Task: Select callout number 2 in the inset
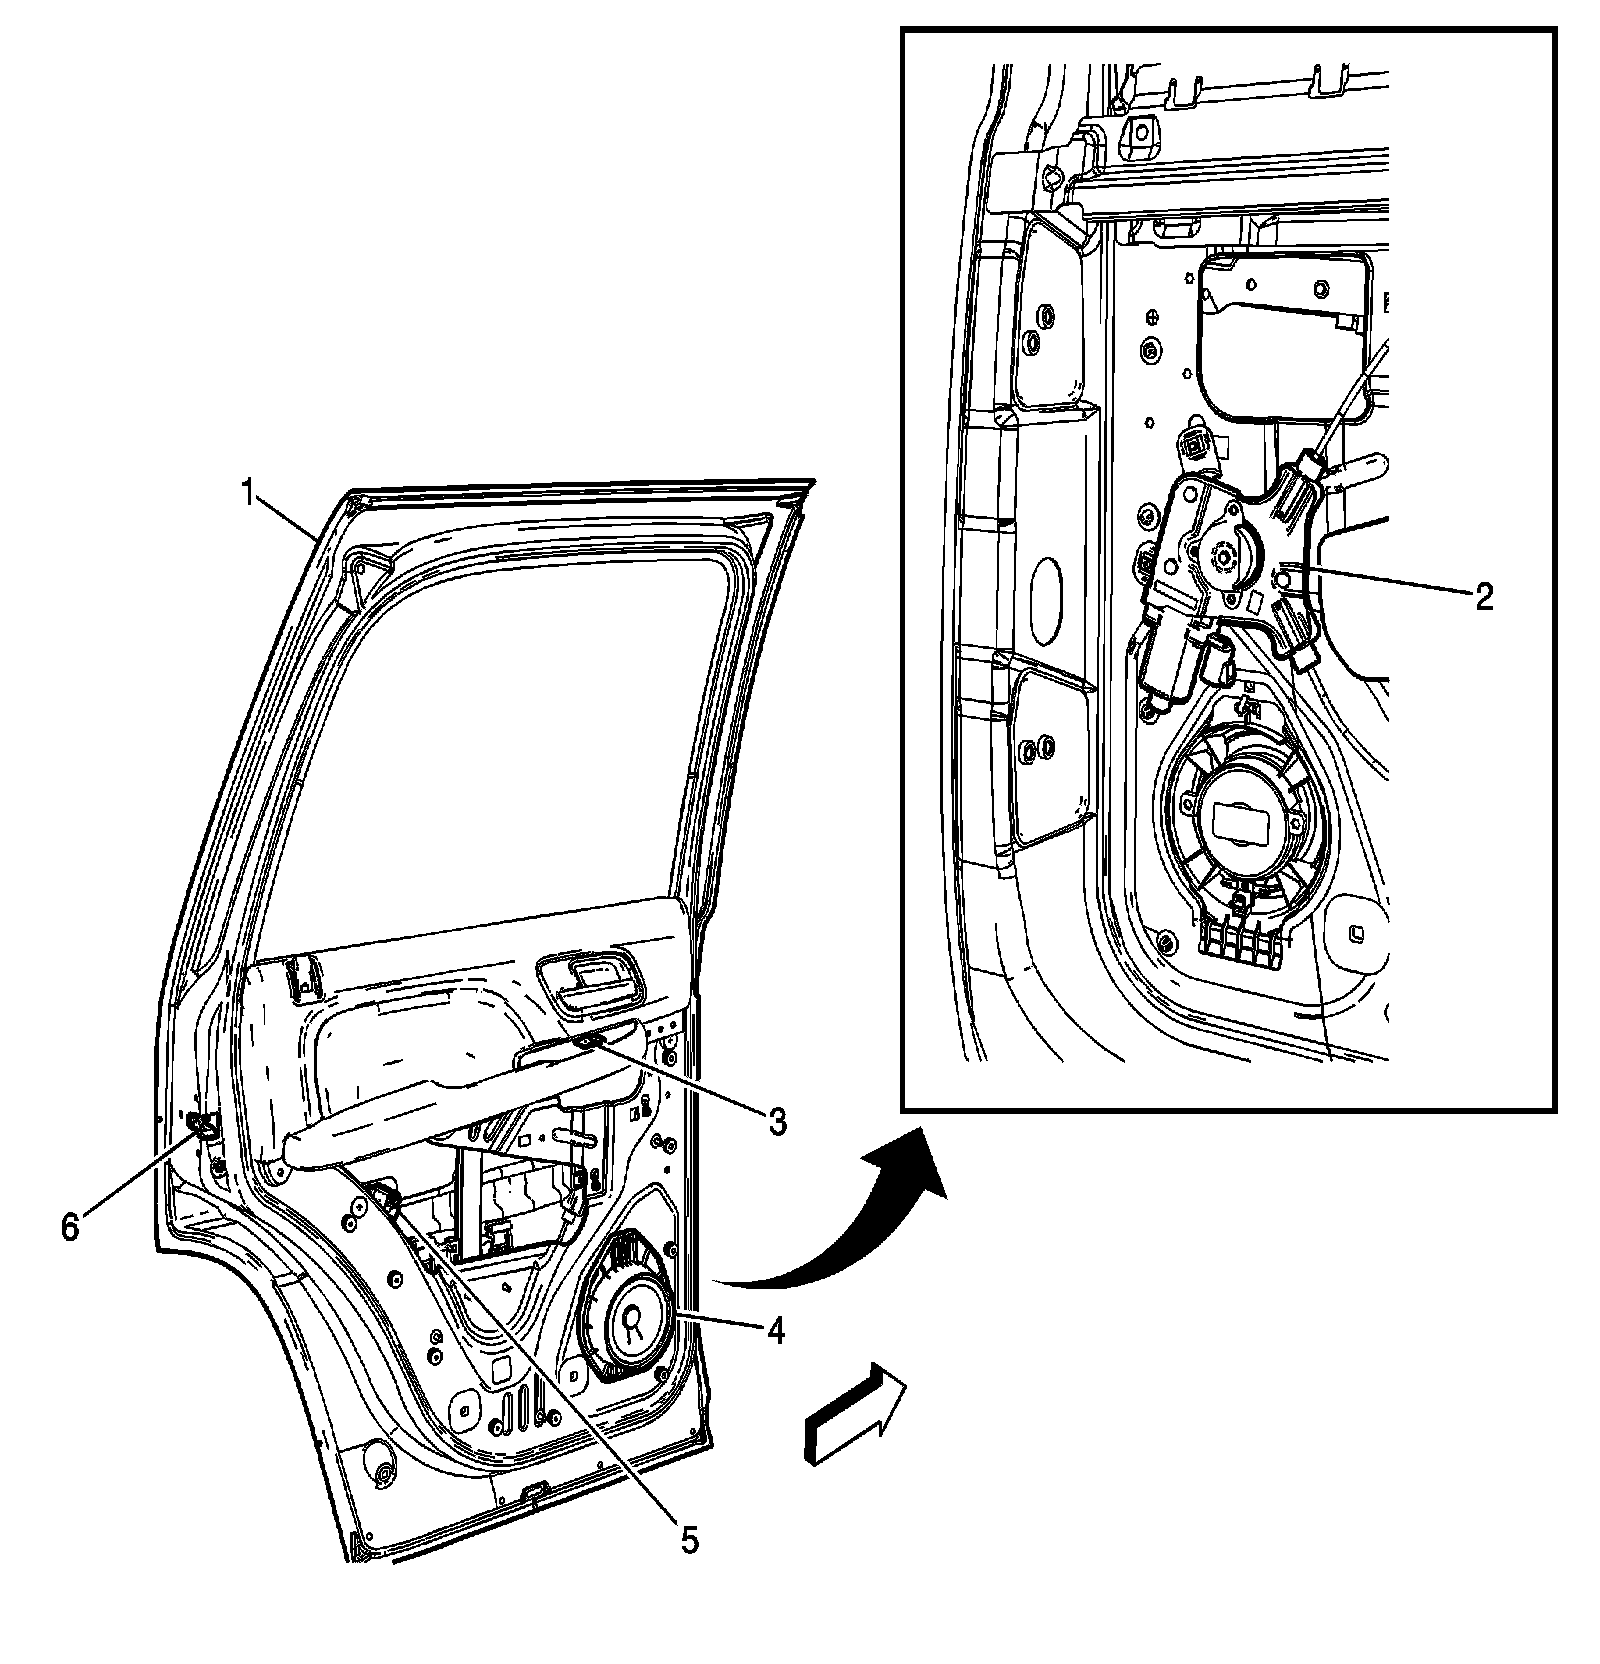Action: pyautogui.click(x=1483, y=597)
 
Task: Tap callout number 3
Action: pyautogui.click(x=776, y=1121)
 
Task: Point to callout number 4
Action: pyautogui.click(x=775, y=1330)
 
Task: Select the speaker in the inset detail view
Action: pyautogui.click(x=1241, y=820)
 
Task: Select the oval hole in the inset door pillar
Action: pyautogui.click(x=1045, y=599)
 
